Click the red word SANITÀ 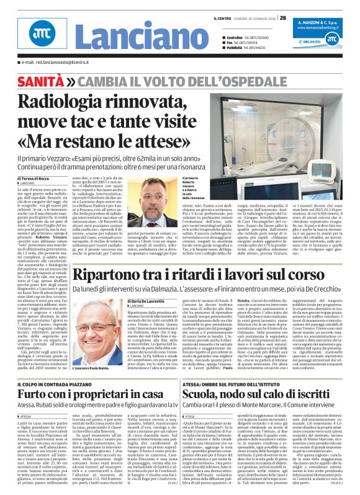(41, 81)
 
